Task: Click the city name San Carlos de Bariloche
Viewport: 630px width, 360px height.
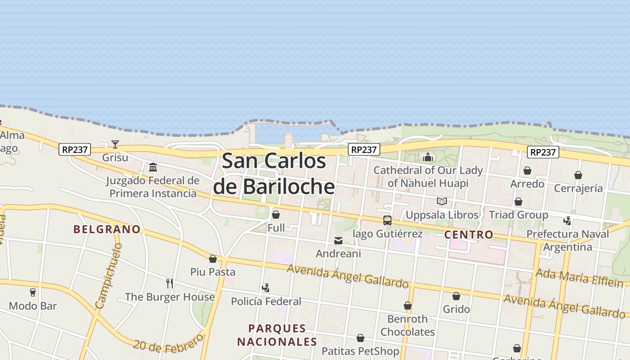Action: (274, 173)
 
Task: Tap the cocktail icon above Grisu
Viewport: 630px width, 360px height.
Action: (115, 144)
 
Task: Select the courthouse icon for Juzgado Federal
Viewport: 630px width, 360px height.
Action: (153, 167)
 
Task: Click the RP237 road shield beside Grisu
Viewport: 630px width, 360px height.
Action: (75, 149)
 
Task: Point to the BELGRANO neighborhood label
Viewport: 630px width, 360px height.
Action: (107, 229)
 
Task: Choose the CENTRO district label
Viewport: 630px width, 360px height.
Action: (468, 234)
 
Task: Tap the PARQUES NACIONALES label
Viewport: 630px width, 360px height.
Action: (277, 335)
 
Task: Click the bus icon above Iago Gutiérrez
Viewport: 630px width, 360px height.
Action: (387, 220)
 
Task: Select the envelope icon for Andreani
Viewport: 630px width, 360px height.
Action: (338, 241)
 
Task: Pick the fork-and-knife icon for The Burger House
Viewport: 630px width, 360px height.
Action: (170, 283)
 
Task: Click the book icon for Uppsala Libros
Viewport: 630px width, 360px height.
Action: (442, 201)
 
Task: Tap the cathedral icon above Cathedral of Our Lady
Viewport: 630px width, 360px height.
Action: (427, 157)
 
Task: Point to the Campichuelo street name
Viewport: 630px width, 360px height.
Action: (109, 275)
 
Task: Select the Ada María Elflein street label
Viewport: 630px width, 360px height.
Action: (580, 278)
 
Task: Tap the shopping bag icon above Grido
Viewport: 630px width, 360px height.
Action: (456, 296)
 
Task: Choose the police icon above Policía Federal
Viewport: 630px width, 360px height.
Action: (266, 288)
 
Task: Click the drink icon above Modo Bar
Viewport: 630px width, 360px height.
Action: (32, 292)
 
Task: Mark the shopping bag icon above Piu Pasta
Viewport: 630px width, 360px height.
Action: (213, 259)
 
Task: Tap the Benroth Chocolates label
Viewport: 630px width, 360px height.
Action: (408, 325)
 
